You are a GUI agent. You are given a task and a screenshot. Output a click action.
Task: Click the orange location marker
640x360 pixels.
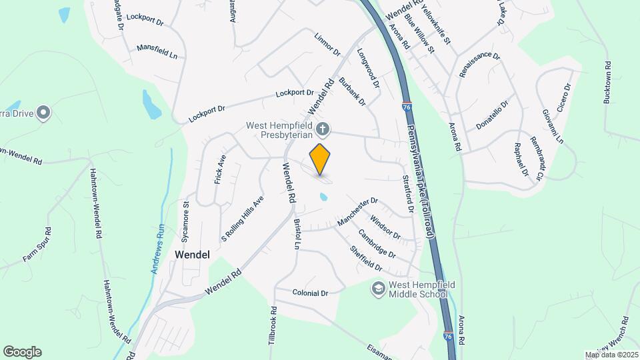(320, 159)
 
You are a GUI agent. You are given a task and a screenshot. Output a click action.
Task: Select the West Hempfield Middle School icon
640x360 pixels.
(379, 288)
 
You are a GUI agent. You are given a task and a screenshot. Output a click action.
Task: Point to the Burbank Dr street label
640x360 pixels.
(353, 92)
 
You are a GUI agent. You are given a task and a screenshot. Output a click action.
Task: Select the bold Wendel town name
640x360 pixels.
(192, 255)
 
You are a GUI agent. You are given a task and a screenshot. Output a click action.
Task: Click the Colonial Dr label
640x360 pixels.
(311, 293)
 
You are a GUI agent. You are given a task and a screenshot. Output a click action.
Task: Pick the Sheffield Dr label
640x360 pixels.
(366, 258)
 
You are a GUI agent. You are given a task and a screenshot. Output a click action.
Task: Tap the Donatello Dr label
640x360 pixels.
(493, 115)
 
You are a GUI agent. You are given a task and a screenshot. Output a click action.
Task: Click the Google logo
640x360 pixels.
(22, 352)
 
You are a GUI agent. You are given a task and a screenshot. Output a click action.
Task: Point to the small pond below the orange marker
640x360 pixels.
(323, 197)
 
